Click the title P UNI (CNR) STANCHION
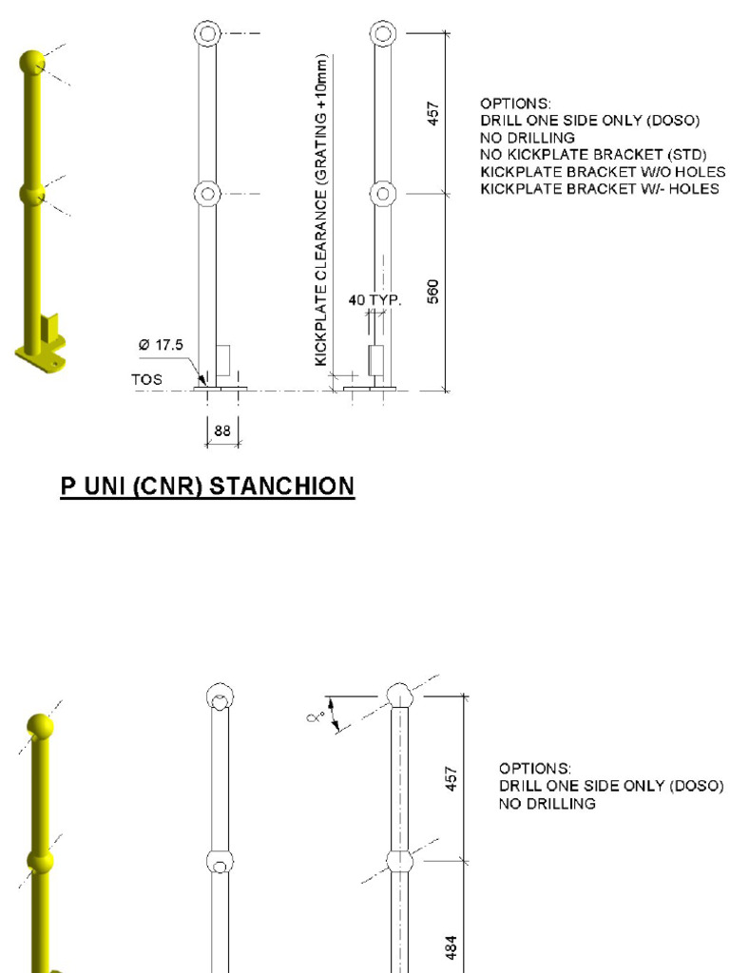(x=207, y=486)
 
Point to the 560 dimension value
(x=433, y=291)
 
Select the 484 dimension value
(x=453, y=946)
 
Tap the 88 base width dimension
(x=222, y=430)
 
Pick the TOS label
(x=146, y=379)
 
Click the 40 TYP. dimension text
(x=375, y=301)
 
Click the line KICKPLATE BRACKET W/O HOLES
(x=603, y=172)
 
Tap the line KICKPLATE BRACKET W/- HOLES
(x=599, y=189)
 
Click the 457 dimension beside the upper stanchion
(x=433, y=112)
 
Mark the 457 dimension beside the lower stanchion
(x=453, y=778)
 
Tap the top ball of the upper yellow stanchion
(x=32, y=63)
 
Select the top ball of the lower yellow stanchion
(x=40, y=727)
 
